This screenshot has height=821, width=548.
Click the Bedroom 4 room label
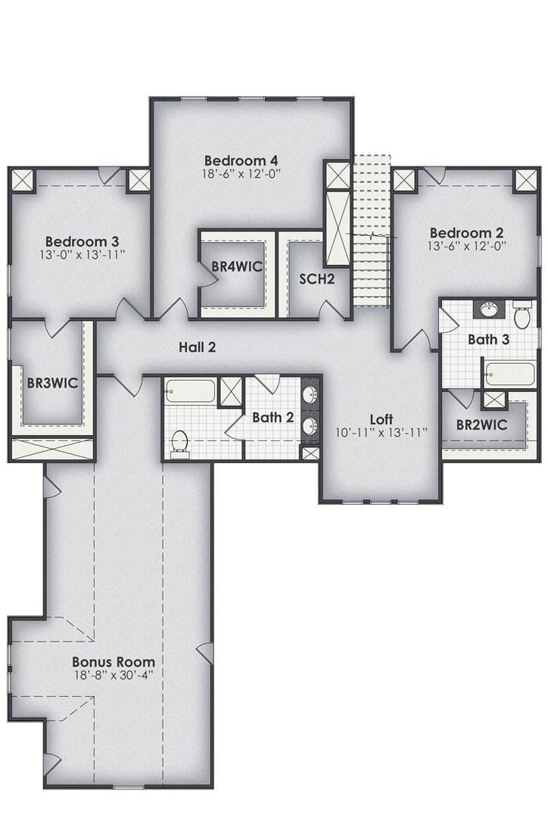pos(241,160)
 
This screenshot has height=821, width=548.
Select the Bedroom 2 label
pos(467,232)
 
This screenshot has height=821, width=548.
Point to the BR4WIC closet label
pos(237,266)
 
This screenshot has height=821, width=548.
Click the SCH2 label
pos(316,278)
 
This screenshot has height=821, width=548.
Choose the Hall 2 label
pos(198,347)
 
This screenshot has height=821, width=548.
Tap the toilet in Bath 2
pos(179,442)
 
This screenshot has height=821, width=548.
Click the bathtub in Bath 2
pos(190,390)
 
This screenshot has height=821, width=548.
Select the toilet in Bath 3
pos(522,315)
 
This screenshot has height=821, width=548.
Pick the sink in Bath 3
pos(490,309)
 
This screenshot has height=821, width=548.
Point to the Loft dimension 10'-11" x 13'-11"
pos(381,433)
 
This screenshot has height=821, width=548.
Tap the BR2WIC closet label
pos(481,424)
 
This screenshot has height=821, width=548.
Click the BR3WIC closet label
pos(52,383)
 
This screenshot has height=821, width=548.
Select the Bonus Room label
pos(114,662)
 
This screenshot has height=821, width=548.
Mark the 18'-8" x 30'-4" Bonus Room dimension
pos(114,674)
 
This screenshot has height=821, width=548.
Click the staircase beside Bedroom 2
pos(372,232)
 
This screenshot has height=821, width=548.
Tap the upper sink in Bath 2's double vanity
pos(310,393)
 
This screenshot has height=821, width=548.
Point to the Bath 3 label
pos(489,339)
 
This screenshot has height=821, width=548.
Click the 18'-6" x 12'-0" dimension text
pos(241,174)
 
